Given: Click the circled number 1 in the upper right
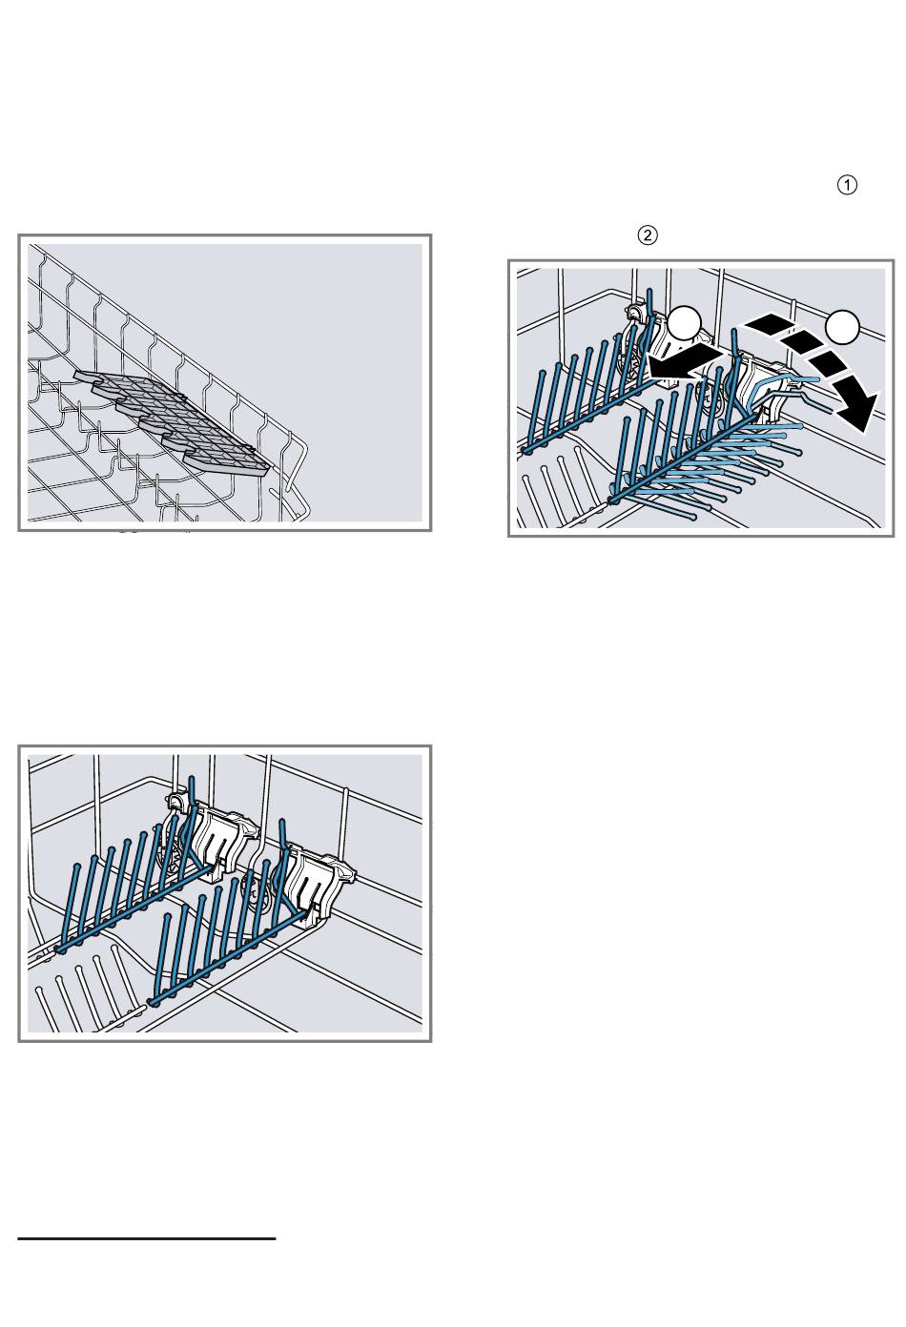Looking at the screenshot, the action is pyautogui.click(x=847, y=186).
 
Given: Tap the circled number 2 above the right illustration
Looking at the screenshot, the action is pyautogui.click(x=647, y=235).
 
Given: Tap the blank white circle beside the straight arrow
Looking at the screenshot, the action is pyautogui.click(x=685, y=324).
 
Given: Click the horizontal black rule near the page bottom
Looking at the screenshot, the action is pyautogui.click(x=147, y=1237).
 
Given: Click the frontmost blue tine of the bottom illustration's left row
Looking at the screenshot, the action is pyautogui.click(x=69, y=908).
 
